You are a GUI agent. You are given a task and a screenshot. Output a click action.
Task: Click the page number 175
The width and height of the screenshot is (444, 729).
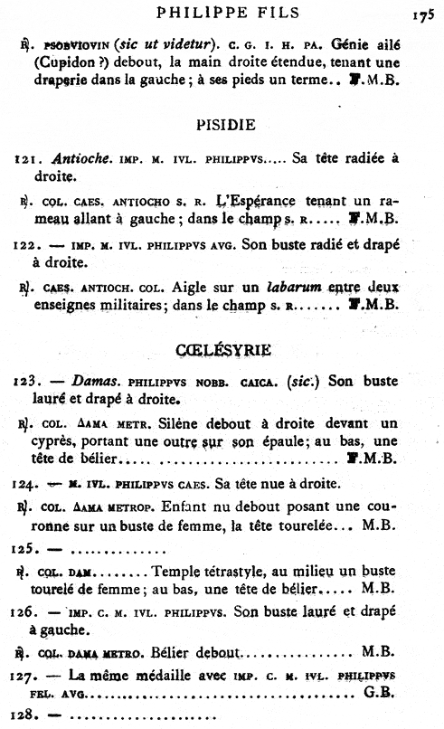[422, 15]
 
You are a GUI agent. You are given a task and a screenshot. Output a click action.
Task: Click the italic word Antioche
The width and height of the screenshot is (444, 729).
[73, 159]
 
